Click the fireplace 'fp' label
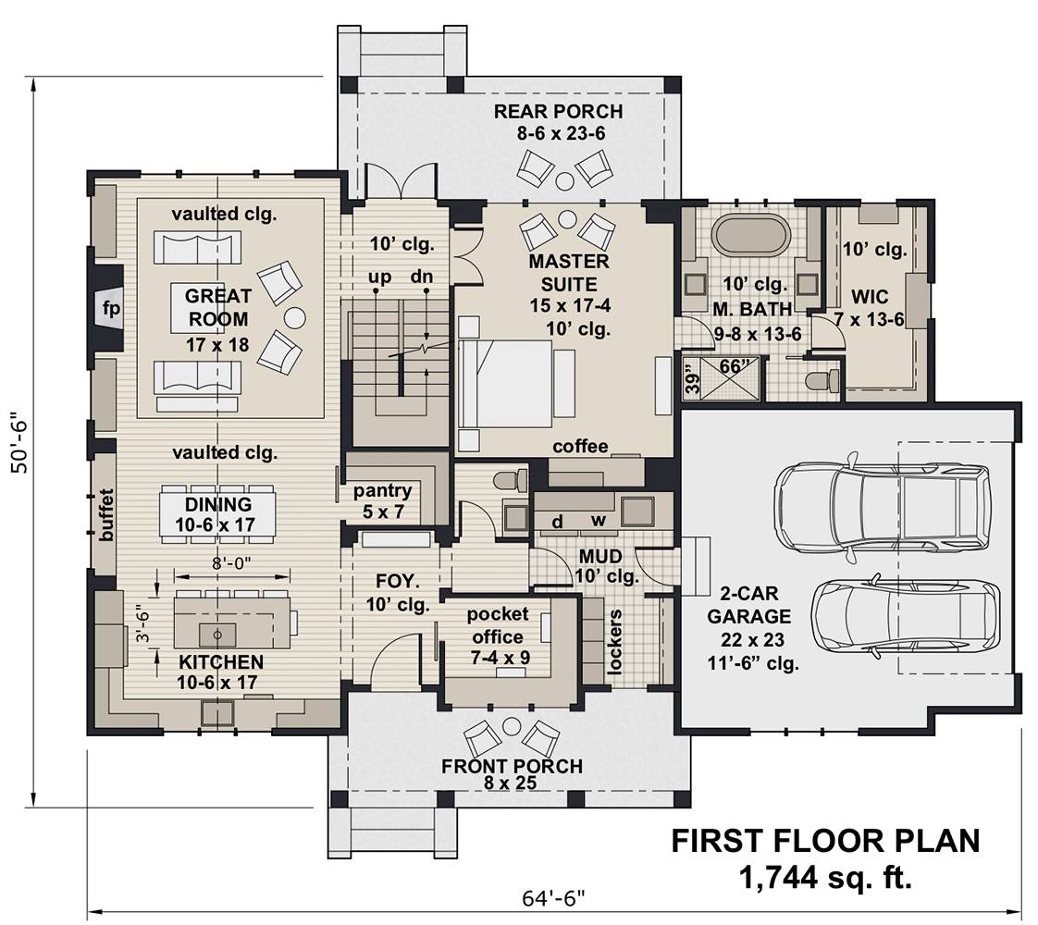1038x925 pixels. (110, 308)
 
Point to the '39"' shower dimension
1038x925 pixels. (692, 382)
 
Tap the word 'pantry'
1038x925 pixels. (383, 490)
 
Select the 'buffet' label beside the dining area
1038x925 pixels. (106, 515)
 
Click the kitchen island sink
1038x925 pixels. (217, 635)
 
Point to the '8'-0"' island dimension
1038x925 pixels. (225, 562)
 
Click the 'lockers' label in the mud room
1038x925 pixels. (615, 643)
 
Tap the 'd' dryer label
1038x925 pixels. (558, 522)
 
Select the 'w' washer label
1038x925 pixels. (599, 521)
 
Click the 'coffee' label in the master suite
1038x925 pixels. (580, 447)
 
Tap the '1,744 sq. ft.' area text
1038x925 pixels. (825, 878)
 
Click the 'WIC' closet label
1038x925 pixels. (870, 296)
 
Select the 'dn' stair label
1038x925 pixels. (422, 276)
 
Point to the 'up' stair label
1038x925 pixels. (380, 277)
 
